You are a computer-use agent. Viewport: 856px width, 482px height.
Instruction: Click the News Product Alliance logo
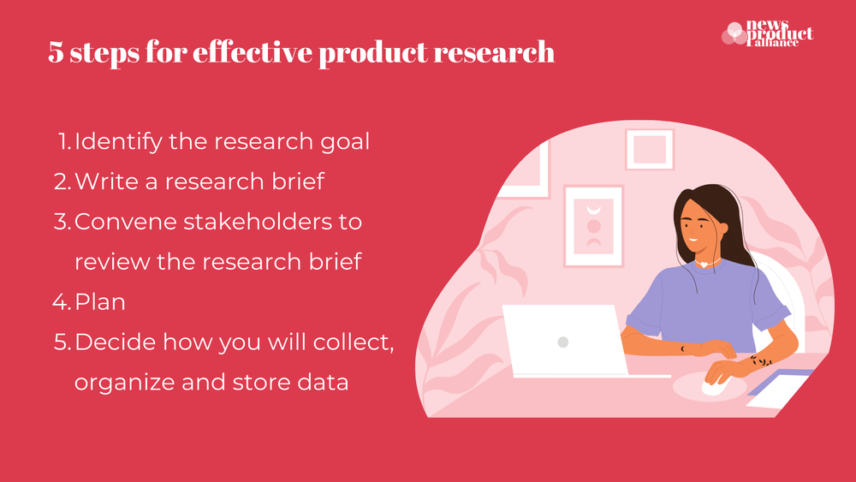click(768, 35)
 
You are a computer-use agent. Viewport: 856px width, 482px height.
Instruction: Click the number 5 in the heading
click(56, 53)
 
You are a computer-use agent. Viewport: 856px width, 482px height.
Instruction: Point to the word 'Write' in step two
click(101, 181)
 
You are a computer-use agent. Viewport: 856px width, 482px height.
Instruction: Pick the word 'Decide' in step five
click(112, 342)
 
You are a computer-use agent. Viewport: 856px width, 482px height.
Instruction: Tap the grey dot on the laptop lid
click(562, 342)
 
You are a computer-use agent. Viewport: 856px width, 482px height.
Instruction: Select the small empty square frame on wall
click(650, 149)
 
